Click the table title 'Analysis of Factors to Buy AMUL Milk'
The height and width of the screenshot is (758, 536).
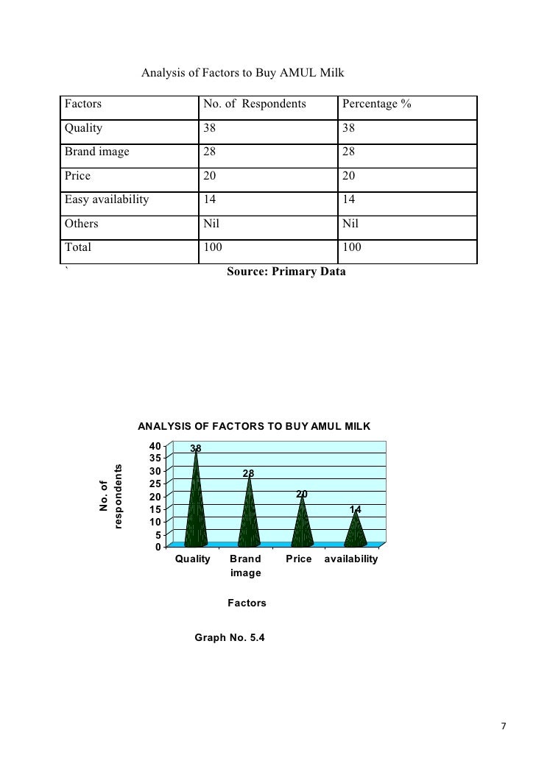[243, 74]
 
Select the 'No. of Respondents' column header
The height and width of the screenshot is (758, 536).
[254, 105]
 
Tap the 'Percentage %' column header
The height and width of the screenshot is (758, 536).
[375, 105]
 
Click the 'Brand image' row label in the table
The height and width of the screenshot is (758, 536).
[96, 152]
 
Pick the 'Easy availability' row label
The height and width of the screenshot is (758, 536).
[106, 199]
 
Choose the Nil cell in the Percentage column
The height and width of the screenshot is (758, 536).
[350, 223]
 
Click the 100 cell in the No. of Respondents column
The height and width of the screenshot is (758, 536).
[213, 247]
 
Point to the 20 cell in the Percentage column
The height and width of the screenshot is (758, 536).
[350, 176]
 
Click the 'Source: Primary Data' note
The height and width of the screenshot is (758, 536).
[286, 272]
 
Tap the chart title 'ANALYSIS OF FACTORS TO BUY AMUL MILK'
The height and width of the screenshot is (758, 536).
[254, 426]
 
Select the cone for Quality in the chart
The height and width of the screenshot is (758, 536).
[197, 508]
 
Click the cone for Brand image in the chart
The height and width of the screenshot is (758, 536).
[250, 515]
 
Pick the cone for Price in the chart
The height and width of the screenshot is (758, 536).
[302, 524]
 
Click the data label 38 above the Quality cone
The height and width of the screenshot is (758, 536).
[197, 448]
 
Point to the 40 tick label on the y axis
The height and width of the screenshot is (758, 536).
[153, 446]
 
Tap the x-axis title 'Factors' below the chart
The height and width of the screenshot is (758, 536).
[247, 603]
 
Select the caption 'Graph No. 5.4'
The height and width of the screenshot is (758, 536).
[229, 637]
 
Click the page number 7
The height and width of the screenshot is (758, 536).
[504, 727]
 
